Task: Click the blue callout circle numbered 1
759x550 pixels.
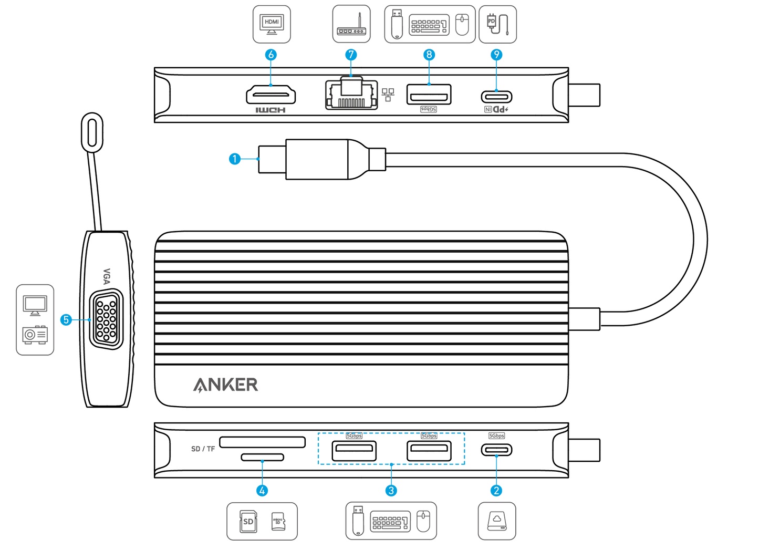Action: coord(235,159)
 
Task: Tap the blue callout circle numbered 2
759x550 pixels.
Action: coord(496,491)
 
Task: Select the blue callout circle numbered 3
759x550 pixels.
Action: coord(391,491)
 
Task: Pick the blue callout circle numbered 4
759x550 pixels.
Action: coord(262,491)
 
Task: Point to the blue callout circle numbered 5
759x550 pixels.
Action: coord(66,319)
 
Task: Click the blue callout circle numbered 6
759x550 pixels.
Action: coord(271,55)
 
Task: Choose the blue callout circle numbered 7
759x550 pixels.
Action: coord(351,55)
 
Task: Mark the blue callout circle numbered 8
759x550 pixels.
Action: coord(429,55)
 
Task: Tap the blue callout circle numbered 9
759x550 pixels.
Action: coord(496,55)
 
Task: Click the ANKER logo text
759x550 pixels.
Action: coord(225,385)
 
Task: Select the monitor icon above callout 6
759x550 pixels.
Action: coord(272,24)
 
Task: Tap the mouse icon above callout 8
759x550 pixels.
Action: coord(462,25)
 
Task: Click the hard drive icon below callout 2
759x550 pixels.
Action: coord(496,521)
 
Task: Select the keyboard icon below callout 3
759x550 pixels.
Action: coord(390,522)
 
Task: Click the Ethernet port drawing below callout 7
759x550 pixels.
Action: coord(351,94)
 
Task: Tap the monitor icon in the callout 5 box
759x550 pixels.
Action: coord(35,305)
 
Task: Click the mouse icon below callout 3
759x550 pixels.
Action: coord(423,521)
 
